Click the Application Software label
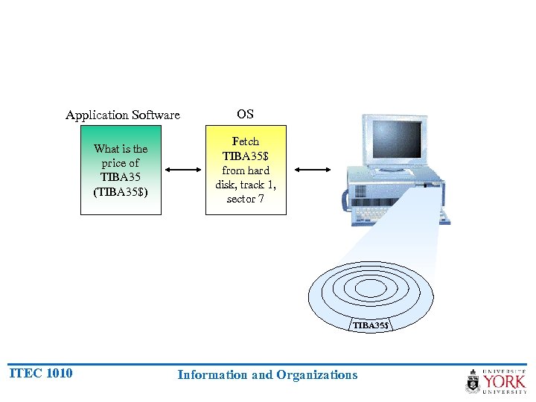click(123, 115)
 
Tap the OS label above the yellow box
click(245, 114)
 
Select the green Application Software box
click(121, 170)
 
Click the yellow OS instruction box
click(246, 170)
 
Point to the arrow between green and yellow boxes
click(183, 170)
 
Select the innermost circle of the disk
click(370, 288)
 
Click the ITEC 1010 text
click(40, 373)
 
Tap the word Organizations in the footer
click(317, 374)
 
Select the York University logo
click(496, 380)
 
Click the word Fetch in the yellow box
click(246, 141)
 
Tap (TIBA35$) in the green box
click(121, 192)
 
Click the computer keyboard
click(387, 212)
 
